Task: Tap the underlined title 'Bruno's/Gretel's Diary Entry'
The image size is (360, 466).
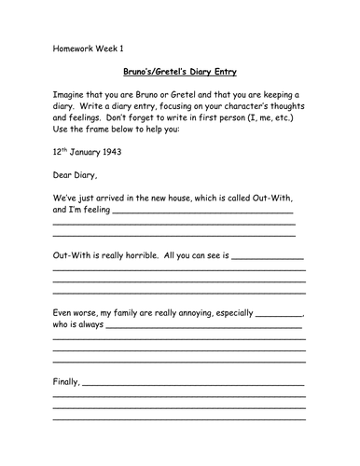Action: coord(179,70)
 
